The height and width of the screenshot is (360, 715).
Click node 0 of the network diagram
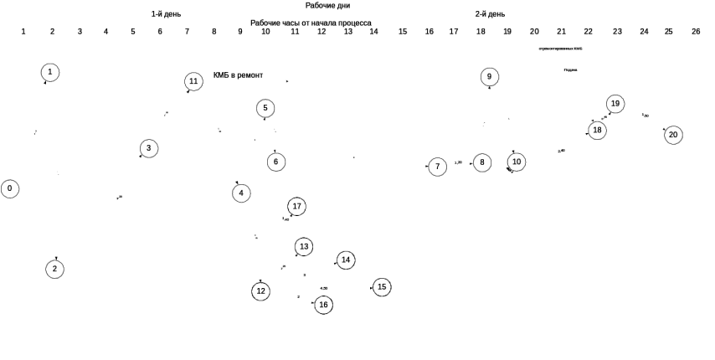[9, 188]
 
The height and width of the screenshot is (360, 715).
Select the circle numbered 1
[50, 72]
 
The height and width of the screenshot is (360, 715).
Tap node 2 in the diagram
[54, 269]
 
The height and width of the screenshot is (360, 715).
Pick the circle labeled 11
[193, 81]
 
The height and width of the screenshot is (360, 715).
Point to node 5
[265, 108]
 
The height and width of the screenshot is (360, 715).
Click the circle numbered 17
[296, 206]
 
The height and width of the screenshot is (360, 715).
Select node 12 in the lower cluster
[260, 291]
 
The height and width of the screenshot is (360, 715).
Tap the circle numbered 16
[323, 305]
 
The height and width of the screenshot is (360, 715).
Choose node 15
[382, 286]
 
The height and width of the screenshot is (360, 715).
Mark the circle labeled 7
[437, 167]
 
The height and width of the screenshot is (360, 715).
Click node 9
[490, 76]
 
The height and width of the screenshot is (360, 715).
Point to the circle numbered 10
[517, 162]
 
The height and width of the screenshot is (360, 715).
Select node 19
[615, 104]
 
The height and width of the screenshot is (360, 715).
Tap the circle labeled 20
[673, 135]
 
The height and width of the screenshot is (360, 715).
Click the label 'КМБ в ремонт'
[239, 75]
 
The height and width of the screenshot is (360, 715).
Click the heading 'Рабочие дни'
[327, 5]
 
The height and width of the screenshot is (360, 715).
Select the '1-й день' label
[166, 13]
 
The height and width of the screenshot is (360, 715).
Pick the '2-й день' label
[490, 13]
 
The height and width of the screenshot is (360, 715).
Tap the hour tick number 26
[696, 32]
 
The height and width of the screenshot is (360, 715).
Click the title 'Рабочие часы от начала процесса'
[311, 23]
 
